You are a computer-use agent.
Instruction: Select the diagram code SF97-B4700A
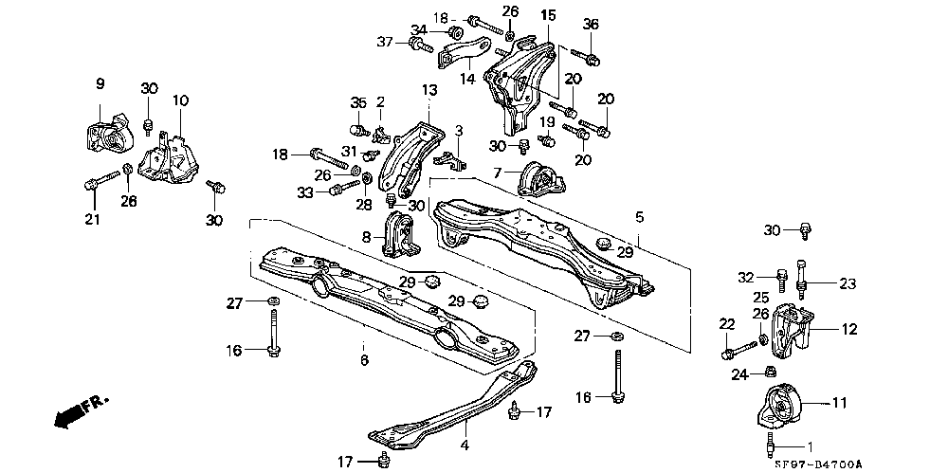[817, 464]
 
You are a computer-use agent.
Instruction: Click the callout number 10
[181, 100]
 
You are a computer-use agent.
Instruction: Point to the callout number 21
[93, 219]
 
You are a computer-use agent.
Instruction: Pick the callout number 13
[428, 90]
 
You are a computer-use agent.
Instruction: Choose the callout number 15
[547, 14]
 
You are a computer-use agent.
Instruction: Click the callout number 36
[591, 25]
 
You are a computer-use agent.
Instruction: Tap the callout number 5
[639, 216]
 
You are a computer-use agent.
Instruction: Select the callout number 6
[364, 360]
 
